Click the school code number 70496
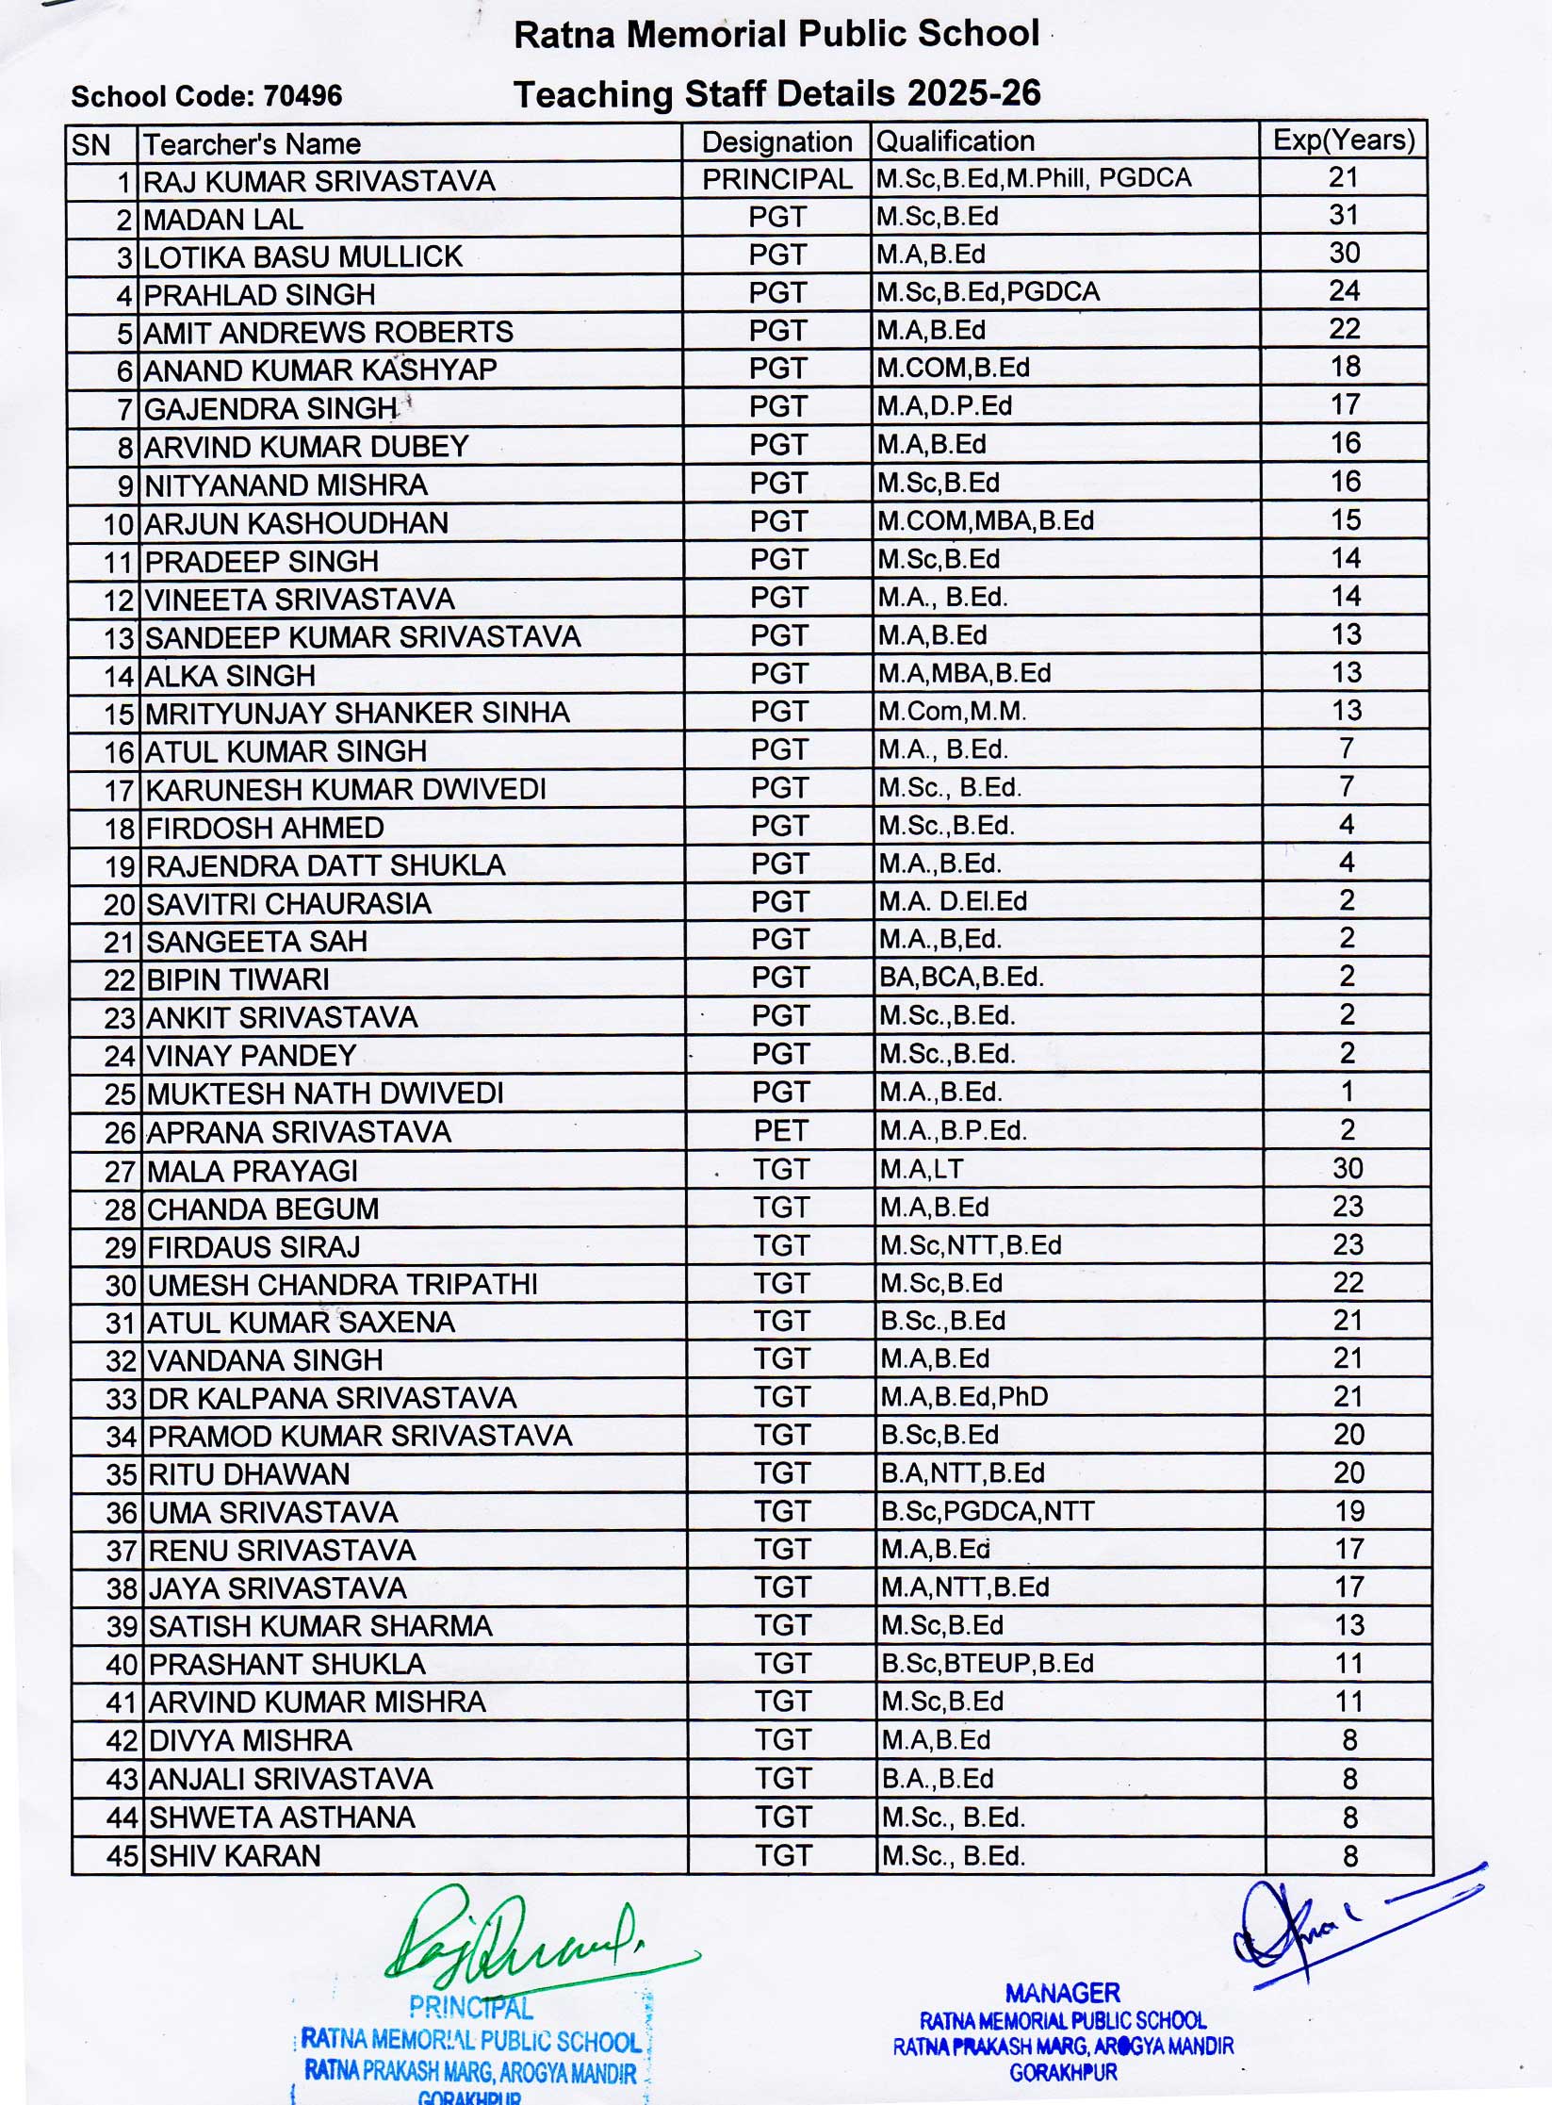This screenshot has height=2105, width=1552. (302, 96)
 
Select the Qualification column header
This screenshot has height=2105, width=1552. (956, 141)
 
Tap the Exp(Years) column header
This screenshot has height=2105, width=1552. (1344, 140)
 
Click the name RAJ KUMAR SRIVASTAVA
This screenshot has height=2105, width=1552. (319, 181)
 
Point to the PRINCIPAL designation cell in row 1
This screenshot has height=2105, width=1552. (776, 179)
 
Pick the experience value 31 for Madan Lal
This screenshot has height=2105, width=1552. (1344, 216)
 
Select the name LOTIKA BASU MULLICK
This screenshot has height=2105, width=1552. (302, 257)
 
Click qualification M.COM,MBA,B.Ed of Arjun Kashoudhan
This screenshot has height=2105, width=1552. (986, 521)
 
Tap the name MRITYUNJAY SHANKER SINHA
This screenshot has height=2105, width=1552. (357, 713)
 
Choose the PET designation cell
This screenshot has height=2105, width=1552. (780, 1130)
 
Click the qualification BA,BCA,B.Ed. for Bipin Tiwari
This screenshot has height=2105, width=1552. (961, 978)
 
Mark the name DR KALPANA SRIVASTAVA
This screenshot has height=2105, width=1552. (332, 1398)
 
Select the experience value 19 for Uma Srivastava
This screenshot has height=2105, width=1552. (1348, 1511)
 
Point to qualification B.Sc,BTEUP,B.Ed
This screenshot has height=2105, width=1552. (987, 1664)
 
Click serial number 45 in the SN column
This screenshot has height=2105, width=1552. (123, 1856)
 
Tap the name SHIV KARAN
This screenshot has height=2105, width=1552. (235, 1856)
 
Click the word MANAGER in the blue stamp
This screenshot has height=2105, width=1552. (1062, 1993)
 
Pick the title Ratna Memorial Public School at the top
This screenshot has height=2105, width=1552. (776, 35)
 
